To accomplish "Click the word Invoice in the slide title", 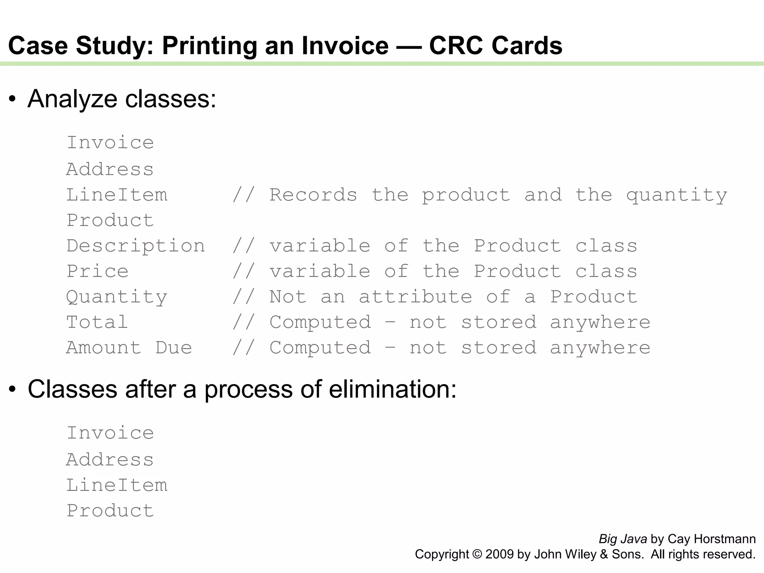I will tap(345, 46).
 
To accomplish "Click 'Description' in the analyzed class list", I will tap(136, 246).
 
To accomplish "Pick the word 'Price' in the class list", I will tap(97, 271).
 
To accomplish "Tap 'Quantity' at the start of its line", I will tap(117, 297).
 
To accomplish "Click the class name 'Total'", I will tap(97, 322).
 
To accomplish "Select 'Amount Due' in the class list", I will tap(129, 348).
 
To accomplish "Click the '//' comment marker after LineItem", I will tap(243, 195).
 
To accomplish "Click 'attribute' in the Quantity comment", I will tap(415, 297).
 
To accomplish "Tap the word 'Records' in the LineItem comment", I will tap(313, 195).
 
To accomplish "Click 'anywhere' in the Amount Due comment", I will tap(600, 348).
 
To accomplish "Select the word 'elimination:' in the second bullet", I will tap(392, 389).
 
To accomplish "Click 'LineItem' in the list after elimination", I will tap(117, 485).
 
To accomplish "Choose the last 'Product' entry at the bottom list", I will tap(110, 510).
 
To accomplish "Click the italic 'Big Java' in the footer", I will tap(623, 539).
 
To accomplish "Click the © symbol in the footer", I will tap(477, 554).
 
